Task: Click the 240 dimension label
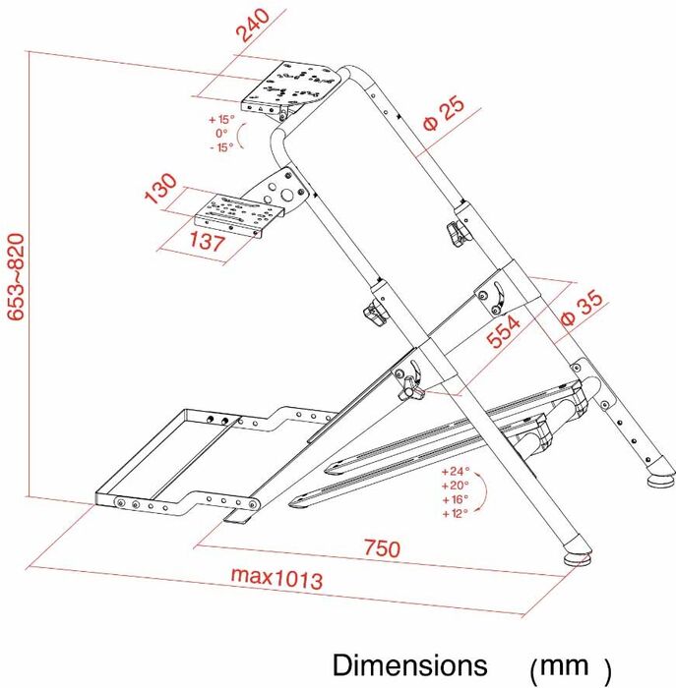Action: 253,26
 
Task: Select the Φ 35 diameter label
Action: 583,307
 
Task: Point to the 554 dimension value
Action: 504,332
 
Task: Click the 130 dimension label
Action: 160,189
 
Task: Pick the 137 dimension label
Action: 208,241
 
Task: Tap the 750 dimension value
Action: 382,548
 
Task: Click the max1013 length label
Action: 277,578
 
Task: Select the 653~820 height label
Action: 17,277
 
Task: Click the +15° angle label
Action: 221,119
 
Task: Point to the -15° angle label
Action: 221,147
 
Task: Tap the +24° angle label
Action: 456,472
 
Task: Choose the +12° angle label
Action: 455,513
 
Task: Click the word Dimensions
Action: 409,664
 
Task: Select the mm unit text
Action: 564,665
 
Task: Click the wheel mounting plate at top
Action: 291,85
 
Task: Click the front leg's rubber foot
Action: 578,557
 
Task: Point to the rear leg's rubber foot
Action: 661,480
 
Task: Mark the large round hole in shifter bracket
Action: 287,195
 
